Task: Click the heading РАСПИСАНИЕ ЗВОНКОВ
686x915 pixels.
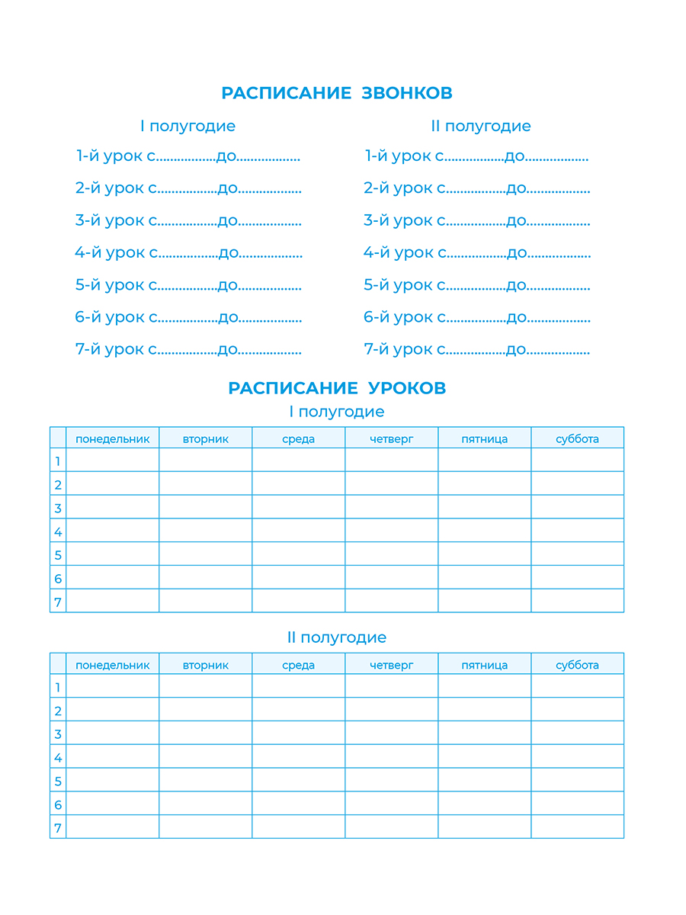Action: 337,93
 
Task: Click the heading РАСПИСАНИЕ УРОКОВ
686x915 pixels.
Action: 337,388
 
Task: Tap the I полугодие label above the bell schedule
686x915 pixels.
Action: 188,126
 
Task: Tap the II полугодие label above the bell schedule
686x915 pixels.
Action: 481,126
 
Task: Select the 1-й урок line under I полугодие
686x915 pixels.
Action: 188,156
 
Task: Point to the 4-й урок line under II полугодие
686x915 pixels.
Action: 476,252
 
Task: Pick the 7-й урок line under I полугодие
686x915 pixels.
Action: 188,349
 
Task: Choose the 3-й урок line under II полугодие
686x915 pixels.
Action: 476,220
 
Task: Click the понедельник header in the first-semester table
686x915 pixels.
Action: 113,438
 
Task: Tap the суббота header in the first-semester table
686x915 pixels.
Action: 577,438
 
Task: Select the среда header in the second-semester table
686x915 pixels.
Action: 298,665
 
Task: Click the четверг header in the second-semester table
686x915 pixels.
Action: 391,665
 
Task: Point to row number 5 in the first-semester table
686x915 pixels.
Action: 58,554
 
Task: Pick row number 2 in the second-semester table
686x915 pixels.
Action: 58,711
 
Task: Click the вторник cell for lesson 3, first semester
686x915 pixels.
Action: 206,507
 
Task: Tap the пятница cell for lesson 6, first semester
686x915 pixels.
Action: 484,577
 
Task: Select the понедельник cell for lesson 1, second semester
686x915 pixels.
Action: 113,686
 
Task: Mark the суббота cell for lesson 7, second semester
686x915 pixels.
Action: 577,827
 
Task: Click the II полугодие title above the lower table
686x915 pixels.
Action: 337,637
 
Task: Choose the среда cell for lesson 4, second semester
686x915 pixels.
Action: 298,756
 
